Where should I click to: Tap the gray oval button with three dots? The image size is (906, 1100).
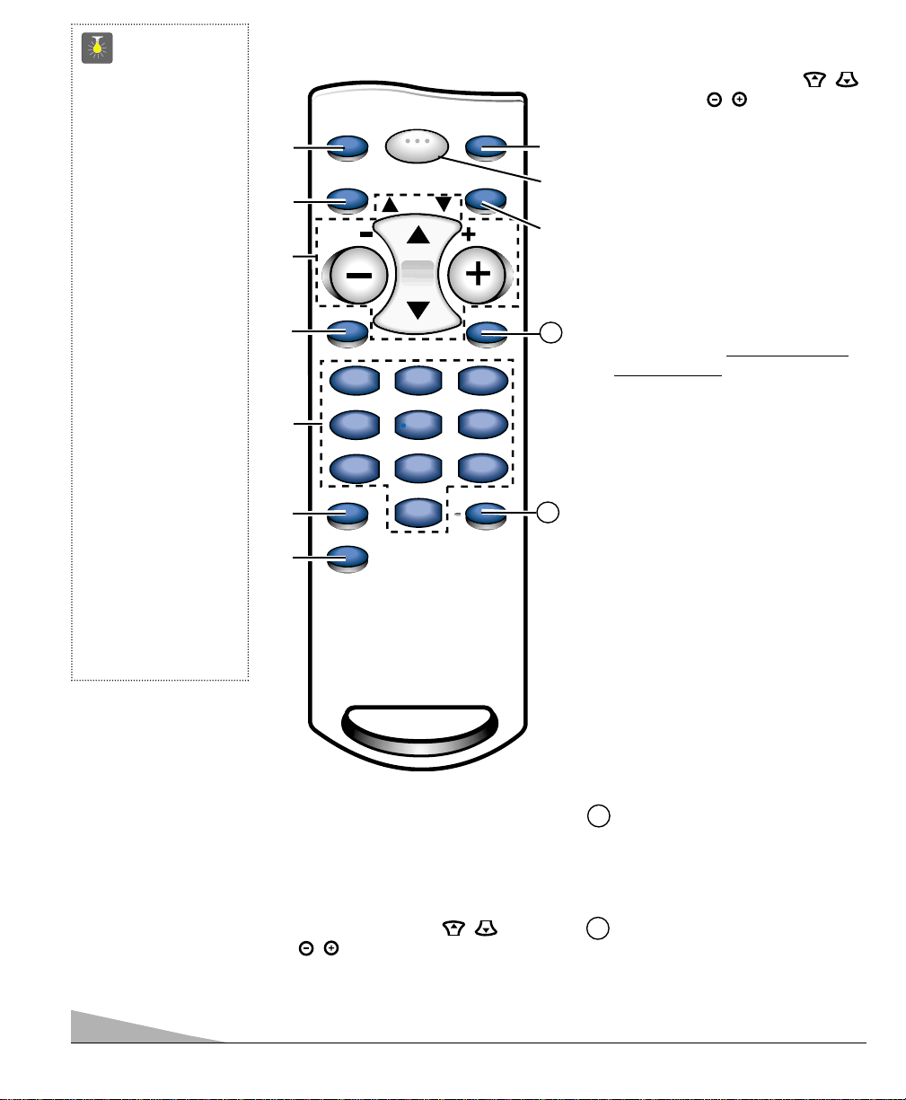point(418,146)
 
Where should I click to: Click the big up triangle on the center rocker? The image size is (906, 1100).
point(418,236)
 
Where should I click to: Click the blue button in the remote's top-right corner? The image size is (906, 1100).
point(488,147)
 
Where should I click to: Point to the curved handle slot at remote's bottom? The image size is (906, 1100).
point(418,723)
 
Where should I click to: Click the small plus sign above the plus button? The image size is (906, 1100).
point(467,233)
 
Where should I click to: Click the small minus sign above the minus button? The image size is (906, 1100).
point(366,233)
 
